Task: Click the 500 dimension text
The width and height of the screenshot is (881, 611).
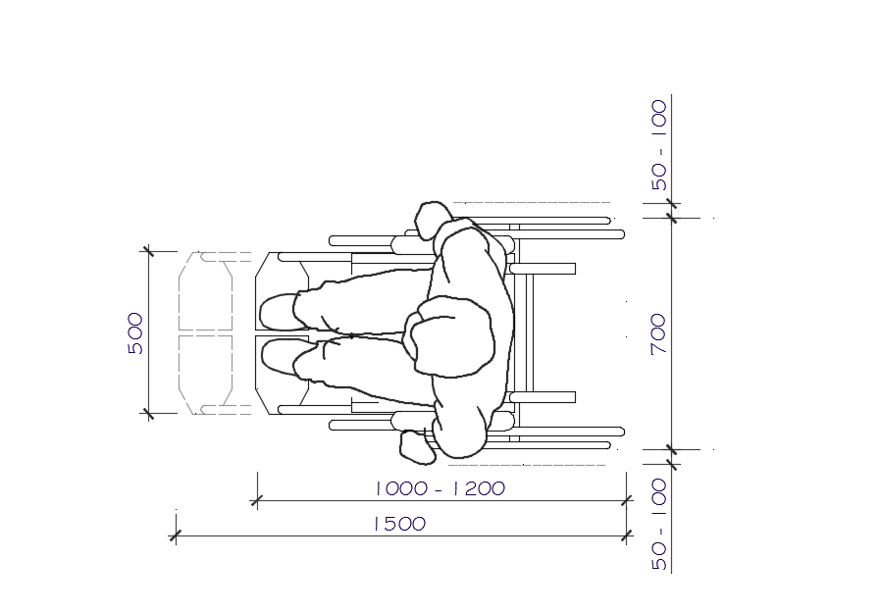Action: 135,333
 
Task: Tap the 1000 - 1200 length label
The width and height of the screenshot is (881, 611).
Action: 440,487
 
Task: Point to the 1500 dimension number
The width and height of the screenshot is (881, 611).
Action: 399,524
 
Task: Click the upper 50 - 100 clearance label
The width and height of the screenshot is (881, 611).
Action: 658,144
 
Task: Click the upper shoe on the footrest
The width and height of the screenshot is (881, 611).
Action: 280,312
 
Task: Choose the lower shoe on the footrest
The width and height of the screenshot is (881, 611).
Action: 280,357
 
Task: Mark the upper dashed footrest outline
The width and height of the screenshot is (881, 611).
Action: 205,291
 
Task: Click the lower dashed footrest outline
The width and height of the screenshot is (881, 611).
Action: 205,375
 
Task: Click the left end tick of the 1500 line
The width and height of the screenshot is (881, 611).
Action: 176,535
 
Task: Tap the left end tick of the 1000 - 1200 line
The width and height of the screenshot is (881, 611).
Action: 257,501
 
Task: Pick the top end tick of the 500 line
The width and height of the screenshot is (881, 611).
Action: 148,252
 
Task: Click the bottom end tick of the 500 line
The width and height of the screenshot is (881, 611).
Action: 148,414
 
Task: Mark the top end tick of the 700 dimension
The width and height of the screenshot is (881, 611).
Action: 672,217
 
